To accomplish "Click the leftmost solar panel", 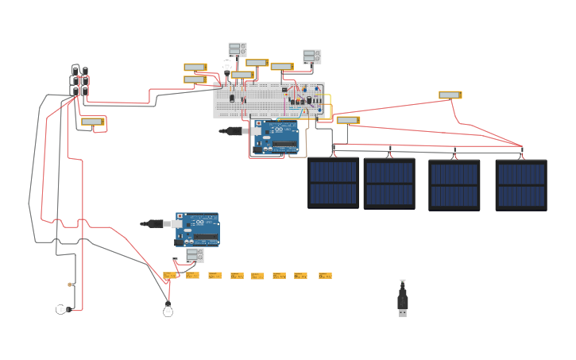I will [333, 183].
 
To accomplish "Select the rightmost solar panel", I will [521, 184].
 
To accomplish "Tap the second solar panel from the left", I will [389, 184].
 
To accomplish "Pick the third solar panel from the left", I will [454, 184].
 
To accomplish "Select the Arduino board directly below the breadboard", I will [276, 137].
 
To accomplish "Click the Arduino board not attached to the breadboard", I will [197, 229].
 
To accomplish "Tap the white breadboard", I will [268, 100].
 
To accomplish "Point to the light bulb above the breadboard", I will [227, 66].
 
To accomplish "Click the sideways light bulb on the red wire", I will [62, 309].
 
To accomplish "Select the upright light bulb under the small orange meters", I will [168, 310].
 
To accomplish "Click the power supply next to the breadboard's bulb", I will [238, 49].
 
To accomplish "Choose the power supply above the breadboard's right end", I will [312, 56].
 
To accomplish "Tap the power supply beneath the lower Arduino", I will [195, 255].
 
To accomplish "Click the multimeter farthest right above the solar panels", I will [450, 95].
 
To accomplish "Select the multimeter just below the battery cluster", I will [93, 122].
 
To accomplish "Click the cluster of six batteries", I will [80, 81].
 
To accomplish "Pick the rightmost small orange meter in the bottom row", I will [325, 276].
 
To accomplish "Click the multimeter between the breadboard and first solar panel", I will [348, 121].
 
